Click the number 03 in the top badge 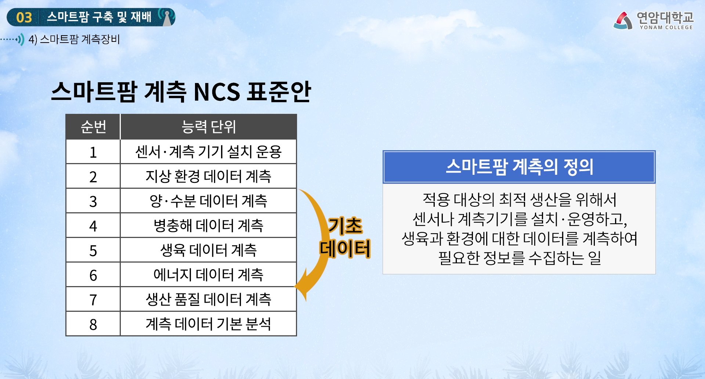point(24,18)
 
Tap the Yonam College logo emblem point(623,20)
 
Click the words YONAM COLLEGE point(666,28)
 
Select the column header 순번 point(93,127)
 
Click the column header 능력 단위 point(209,127)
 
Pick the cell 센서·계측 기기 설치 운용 point(209,152)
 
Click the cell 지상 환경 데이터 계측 point(209,176)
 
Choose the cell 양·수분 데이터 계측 point(209,201)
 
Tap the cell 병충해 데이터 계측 point(209,225)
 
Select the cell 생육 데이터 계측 point(209,250)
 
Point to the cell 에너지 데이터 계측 point(209,275)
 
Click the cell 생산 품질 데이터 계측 point(209,299)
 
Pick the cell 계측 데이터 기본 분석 point(209,324)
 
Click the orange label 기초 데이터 point(345,237)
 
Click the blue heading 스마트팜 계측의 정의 point(519,167)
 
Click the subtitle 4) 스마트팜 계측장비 point(74,39)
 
